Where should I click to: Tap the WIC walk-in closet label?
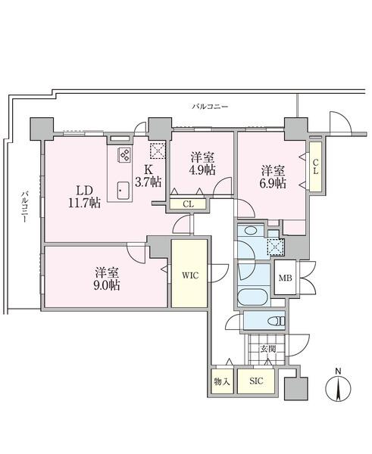[x=190, y=275]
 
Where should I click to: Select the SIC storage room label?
[x=256, y=381]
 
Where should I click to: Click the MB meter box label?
[x=286, y=278]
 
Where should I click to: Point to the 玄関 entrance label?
[x=267, y=349]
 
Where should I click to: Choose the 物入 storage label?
[x=222, y=381]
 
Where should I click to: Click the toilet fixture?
[x=277, y=321]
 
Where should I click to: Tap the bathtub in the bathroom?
[x=252, y=297]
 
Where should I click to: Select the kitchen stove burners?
[x=125, y=154]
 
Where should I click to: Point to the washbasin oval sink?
[x=250, y=231]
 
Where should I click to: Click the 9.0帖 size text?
[x=107, y=285]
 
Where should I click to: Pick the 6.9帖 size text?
[x=273, y=183]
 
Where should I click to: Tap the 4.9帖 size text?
[x=202, y=170]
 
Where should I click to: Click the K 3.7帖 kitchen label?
[x=148, y=176]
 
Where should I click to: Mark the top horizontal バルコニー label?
[x=210, y=107]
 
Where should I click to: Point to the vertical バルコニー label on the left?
[x=26, y=206]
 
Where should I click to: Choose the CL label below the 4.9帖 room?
[x=188, y=204]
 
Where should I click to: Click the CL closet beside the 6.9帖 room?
[x=315, y=166]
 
